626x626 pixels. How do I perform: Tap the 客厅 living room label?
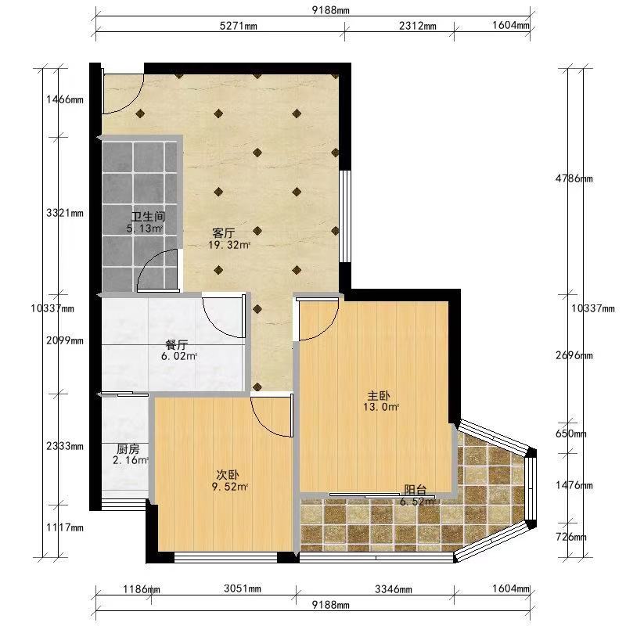coord(224,232)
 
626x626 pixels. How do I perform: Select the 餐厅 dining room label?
coord(177,344)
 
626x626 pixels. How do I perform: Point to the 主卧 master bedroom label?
coord(379,396)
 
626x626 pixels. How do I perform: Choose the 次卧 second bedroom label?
coord(228,475)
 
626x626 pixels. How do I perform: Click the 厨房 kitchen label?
coord(128,449)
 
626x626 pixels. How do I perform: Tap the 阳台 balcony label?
coord(416,490)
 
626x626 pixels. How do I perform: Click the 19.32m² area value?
coord(228,245)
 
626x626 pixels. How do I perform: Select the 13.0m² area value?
coord(381,407)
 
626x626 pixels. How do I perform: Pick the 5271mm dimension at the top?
coord(239,26)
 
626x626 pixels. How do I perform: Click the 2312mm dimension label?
coord(418,26)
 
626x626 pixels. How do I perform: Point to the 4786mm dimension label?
coord(574,178)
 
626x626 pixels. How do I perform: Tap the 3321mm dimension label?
coord(65,213)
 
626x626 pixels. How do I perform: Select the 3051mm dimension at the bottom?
coord(243,588)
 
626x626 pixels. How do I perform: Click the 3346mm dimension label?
coord(394,588)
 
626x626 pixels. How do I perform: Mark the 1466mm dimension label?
coord(65,99)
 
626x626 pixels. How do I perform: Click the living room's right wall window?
coord(344,216)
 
